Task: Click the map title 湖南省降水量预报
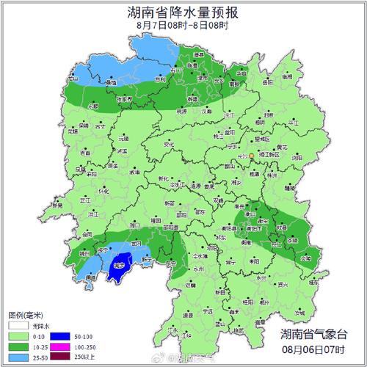[183, 12]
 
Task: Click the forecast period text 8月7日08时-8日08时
[183, 26]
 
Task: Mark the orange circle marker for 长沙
[251, 156]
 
